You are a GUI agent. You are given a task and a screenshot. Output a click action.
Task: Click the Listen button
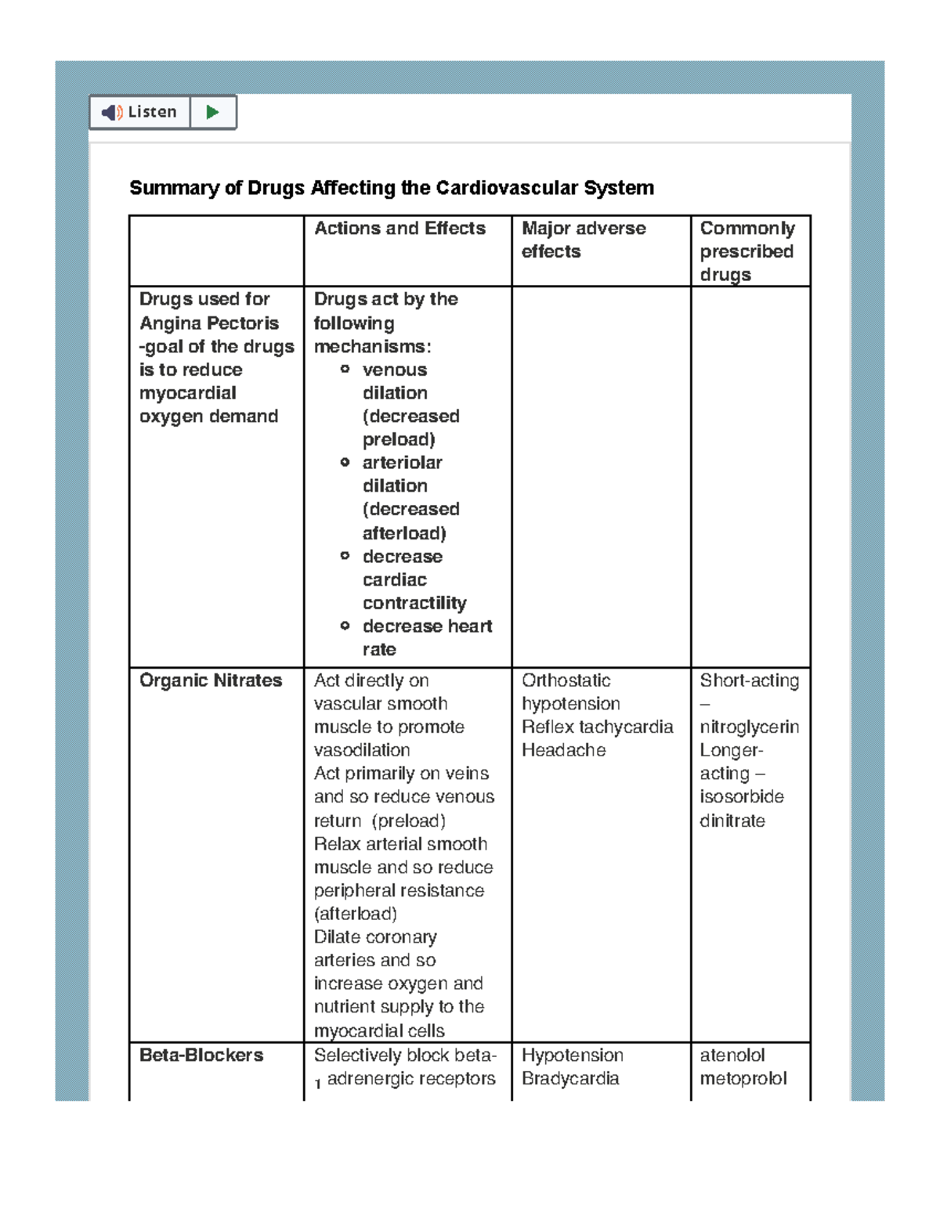pos(140,112)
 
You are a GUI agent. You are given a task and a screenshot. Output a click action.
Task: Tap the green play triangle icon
pos(212,112)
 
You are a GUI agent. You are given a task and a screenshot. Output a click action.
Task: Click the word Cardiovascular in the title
pos(544,188)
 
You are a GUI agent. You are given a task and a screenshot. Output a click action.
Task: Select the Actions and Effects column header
pos(399,229)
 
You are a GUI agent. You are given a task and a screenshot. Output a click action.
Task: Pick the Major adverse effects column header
pos(584,240)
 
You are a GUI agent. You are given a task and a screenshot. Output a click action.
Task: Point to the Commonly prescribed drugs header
pos(747,251)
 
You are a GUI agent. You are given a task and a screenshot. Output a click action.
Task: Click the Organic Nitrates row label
pos(211,680)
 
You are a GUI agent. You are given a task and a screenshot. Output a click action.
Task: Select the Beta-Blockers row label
pos(201,1055)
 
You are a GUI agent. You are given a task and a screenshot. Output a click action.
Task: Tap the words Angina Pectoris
pos(209,323)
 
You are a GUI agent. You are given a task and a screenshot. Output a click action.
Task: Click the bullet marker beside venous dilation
pos(345,369)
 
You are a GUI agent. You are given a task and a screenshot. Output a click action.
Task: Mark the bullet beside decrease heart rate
pos(345,626)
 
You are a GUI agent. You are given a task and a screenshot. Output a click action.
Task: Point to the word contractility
pos(414,603)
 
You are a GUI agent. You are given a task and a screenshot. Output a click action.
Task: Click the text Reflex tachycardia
pos(597,727)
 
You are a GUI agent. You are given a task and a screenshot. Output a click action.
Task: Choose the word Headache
pos(564,750)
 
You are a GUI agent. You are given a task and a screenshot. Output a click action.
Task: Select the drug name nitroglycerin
pos(749,727)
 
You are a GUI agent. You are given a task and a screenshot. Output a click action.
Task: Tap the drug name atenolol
pos(732,1055)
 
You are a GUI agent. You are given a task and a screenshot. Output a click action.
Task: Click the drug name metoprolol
pos(743,1078)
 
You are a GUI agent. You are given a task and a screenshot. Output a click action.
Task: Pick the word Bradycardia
pos(570,1078)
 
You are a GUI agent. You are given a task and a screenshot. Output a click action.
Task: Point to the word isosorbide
pos(741,796)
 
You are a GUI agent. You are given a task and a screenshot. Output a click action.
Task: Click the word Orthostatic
pos(566,680)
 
